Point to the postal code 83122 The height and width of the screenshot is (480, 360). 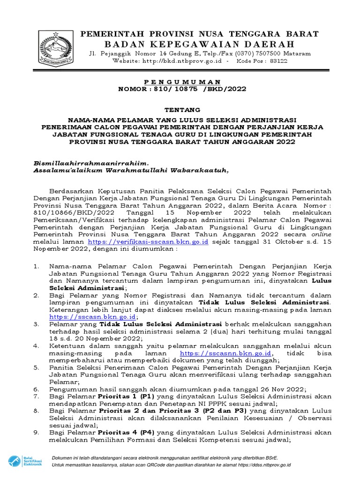coord(278,61)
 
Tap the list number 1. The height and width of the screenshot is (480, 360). coord(36,266)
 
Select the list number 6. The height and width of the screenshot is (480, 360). coord(36,389)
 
